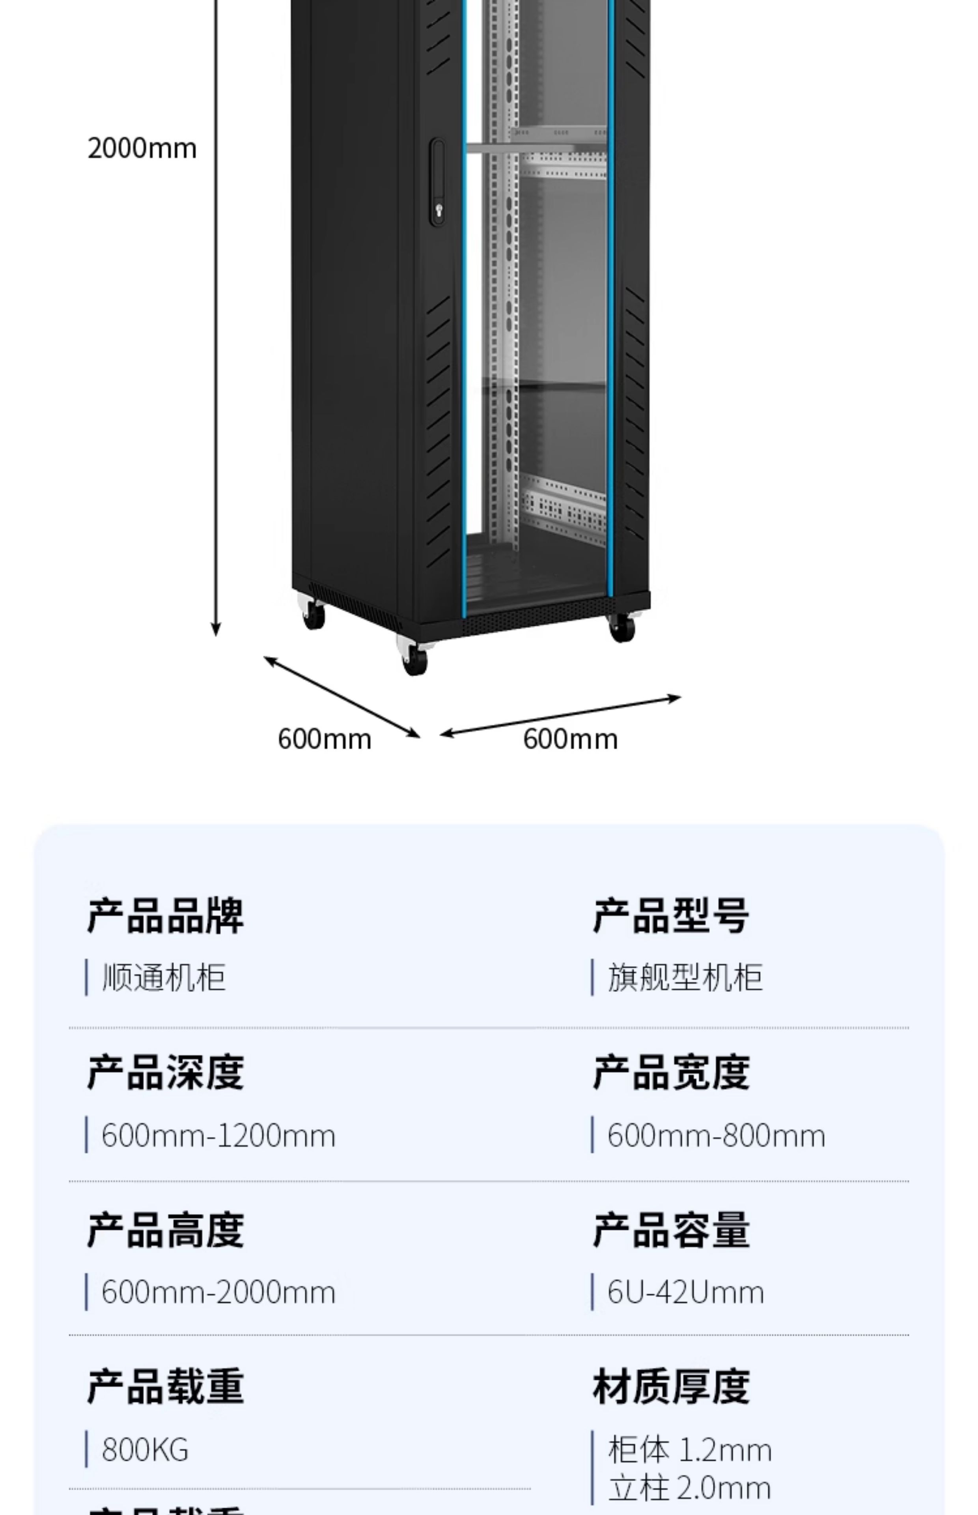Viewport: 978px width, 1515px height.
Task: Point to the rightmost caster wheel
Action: click(x=622, y=627)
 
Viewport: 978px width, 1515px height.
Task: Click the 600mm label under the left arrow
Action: click(x=325, y=739)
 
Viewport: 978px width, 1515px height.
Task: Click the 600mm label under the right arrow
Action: click(x=570, y=739)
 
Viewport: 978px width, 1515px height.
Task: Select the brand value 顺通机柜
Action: click(x=164, y=977)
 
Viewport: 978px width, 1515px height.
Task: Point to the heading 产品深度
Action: click(x=165, y=1072)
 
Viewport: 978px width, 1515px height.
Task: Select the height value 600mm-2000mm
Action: click(x=218, y=1292)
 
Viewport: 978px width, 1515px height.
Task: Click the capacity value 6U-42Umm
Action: click(x=686, y=1292)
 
